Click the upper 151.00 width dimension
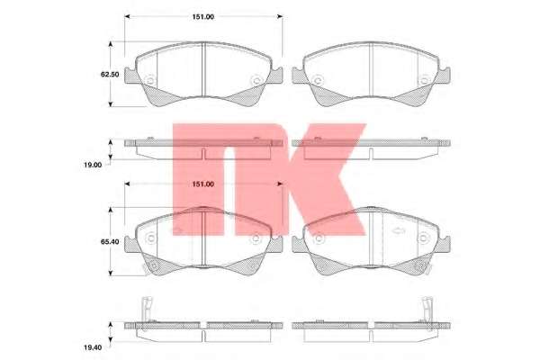203,17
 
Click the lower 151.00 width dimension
203,184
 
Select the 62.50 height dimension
110,74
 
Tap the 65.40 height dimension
110,241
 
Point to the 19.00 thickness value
93,165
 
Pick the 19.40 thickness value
93,347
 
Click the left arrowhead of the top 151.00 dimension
127,16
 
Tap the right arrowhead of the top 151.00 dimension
280,16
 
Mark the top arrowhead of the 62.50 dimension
111,44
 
